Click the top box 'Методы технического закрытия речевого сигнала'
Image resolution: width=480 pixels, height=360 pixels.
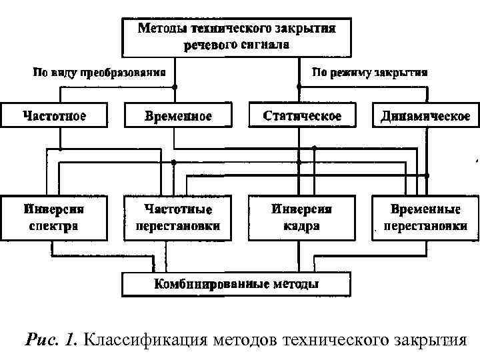236,37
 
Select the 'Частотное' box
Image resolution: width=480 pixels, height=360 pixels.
55,116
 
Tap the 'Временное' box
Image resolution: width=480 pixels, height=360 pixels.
178,116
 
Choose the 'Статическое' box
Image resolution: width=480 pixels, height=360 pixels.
302,116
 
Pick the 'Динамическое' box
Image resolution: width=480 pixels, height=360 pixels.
425,116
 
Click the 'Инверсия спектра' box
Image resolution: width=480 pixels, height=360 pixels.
55,217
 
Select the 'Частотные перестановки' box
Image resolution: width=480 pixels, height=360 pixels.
178,217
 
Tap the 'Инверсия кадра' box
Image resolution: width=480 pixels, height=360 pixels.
301,217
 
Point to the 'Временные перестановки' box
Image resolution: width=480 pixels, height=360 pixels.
425,217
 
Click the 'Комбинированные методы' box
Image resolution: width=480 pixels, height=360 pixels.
236,285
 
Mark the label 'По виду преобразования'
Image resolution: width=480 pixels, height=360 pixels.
100,72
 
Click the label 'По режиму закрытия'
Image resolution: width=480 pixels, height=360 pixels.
369,72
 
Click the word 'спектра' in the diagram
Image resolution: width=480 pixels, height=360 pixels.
55,225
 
